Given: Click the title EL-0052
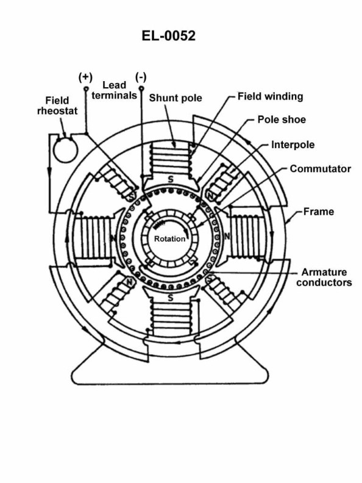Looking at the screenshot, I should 169,36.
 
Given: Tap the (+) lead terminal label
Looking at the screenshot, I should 85,77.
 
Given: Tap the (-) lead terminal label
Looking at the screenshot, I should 141,77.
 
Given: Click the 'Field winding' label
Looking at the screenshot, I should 270,96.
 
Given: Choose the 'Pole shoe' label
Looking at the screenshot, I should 282,120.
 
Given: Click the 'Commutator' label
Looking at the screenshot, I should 320,168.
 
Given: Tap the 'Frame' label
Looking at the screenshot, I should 319,212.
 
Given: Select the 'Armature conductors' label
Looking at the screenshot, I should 324,277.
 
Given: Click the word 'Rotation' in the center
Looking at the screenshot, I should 169,238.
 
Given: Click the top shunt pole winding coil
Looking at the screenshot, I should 170,159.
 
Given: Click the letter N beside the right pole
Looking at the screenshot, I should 227,235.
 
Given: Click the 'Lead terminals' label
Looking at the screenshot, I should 119,90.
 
